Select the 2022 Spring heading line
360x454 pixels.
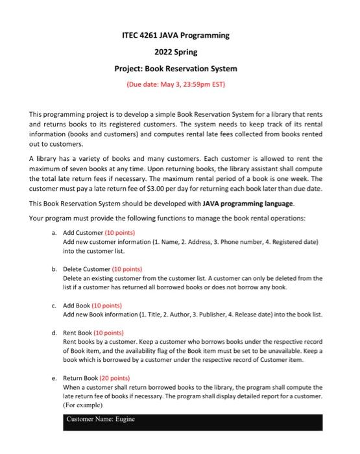click(x=180, y=51)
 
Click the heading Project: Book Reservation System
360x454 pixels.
click(x=180, y=68)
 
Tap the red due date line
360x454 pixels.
click(x=180, y=84)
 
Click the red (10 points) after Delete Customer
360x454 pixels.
click(x=128, y=269)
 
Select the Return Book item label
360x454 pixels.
click(x=80, y=377)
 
